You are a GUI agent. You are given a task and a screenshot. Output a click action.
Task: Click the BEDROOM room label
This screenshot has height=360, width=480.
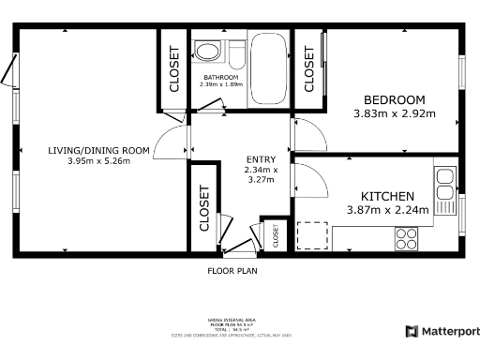[394, 100]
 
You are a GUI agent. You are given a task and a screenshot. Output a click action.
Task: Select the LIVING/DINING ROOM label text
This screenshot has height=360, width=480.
[98, 150]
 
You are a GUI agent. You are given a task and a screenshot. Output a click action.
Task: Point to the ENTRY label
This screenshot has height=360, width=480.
[260, 159]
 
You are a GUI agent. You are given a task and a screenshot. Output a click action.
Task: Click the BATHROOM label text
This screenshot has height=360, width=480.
[221, 76]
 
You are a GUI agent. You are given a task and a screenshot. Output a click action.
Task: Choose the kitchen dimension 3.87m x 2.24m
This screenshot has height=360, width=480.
[388, 210]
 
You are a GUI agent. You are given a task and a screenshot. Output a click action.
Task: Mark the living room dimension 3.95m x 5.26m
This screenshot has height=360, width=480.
[98, 161]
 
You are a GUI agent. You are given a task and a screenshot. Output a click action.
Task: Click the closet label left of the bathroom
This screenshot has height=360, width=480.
[173, 69]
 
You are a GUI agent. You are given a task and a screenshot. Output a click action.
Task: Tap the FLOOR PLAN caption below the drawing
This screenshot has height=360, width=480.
[232, 270]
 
